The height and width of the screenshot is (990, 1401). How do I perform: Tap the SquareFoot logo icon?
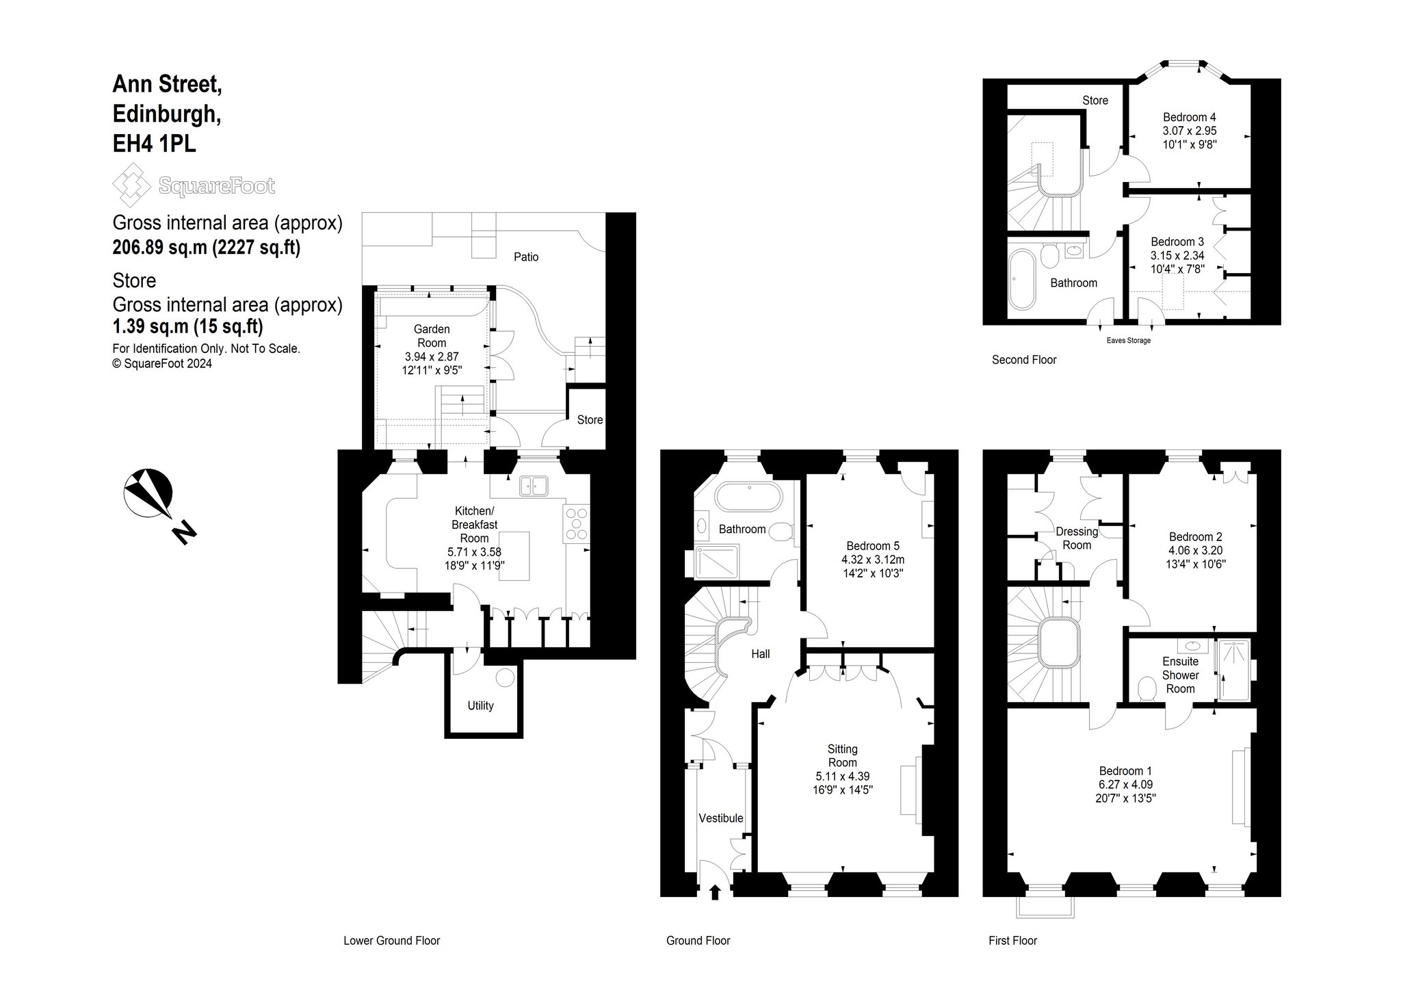131,185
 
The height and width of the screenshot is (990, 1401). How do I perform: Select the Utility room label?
480,705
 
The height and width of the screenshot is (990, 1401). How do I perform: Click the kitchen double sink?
534,486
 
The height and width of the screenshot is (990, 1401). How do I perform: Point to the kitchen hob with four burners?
577,523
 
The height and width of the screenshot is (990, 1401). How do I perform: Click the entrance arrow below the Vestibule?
716,892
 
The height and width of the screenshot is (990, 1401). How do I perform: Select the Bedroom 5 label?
873,546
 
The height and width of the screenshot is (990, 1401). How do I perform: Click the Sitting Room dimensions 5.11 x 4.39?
842,777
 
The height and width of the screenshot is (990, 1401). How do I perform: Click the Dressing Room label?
1077,538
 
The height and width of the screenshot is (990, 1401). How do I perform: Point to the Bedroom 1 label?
1125,771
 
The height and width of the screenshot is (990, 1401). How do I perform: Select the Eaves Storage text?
1128,341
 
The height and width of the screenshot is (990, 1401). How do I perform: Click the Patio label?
526,257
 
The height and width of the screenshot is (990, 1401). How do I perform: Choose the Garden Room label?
432,336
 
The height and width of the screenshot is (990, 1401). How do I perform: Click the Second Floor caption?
1024,360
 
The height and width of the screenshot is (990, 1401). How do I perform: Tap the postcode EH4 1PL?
155,144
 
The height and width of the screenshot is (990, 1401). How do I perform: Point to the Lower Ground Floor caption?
391,941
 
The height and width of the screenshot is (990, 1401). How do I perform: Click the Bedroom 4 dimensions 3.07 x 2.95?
1190,131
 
